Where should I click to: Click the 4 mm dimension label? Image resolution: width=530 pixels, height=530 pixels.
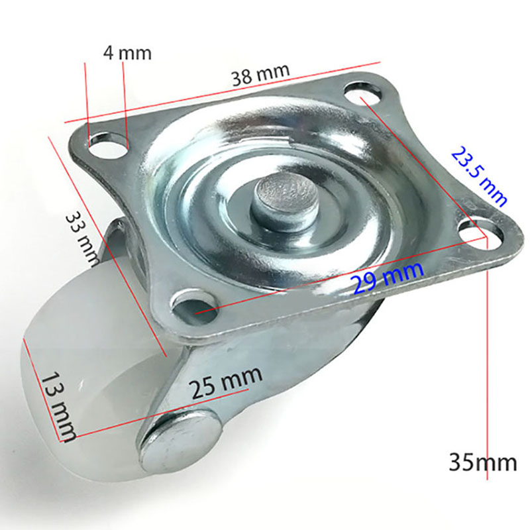click(127, 52)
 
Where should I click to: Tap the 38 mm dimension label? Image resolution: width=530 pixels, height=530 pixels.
click(260, 74)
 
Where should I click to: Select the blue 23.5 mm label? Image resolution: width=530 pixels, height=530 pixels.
click(479, 176)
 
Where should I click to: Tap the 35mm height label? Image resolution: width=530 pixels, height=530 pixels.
click(482, 462)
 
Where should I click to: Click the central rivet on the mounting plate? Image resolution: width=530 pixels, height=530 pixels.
click(285, 199)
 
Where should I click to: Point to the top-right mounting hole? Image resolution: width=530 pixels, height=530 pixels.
click(362, 93)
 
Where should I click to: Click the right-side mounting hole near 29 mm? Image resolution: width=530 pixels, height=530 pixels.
click(479, 232)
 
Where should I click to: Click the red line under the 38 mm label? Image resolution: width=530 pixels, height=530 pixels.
click(219, 93)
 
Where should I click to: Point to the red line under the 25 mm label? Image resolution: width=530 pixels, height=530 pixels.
click(166, 411)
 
